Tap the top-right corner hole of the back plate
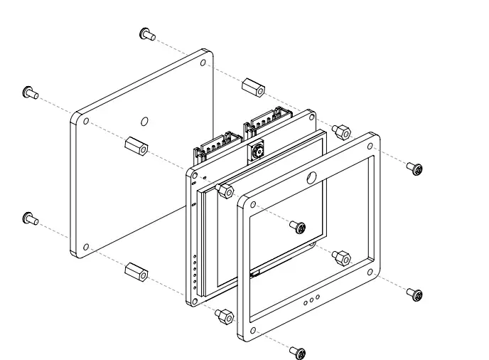[x=204, y=63]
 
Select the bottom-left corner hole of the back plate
[x=86, y=247]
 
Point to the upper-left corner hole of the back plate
[x=86, y=122]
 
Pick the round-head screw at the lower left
[x=30, y=218]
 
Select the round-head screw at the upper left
[x=30, y=92]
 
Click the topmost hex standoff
[x=253, y=88]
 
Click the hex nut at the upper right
[x=342, y=132]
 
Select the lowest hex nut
[x=225, y=316]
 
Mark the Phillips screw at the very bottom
[x=300, y=351]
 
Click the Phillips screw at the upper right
[x=415, y=168]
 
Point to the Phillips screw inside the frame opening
[x=299, y=227]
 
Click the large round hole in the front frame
[x=311, y=179]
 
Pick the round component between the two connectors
[x=255, y=152]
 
